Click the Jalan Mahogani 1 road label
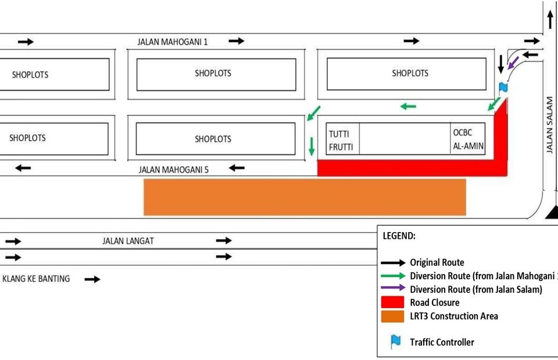173,42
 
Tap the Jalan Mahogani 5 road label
173,170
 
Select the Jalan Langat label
128,241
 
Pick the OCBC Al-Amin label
468,139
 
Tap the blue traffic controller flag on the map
503,88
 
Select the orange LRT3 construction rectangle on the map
305,197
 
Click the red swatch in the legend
393,302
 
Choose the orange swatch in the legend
393,316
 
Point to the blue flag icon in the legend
396,341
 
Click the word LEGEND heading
399,236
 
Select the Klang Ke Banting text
36,279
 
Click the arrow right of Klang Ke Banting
92,279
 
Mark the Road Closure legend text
434,302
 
